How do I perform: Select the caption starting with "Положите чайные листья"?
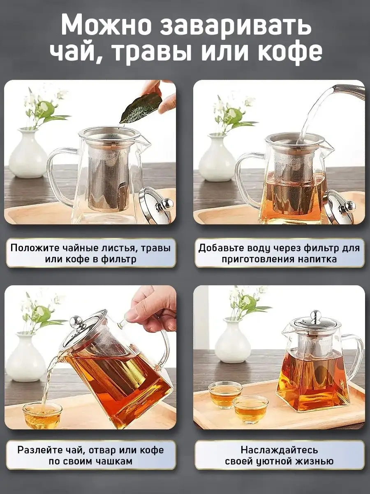tap(90, 254)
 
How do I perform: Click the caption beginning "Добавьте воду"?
tap(279, 254)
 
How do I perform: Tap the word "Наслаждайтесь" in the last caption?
tap(279, 443)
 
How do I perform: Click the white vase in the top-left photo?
tap(28, 155)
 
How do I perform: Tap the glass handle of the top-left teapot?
tap(59, 177)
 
